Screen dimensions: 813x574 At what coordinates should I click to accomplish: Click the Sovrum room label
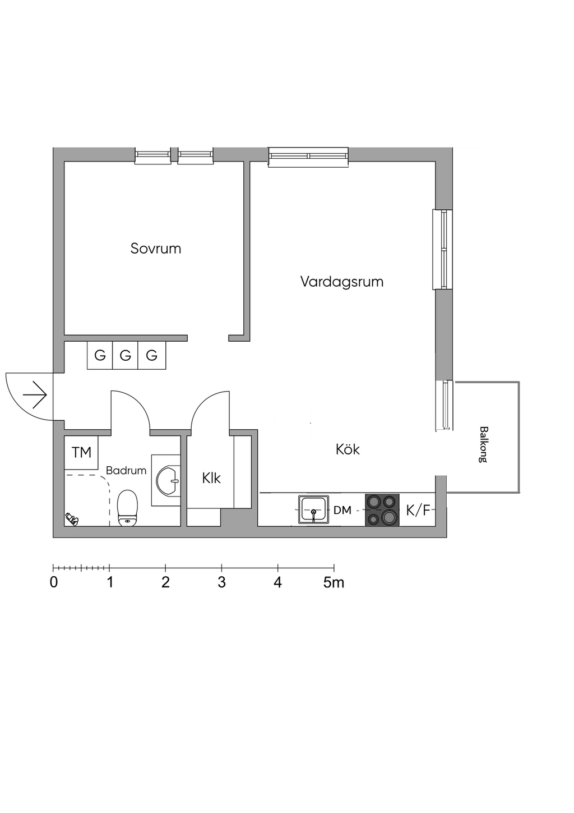pos(156,248)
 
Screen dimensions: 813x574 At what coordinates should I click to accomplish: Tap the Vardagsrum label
pos(341,281)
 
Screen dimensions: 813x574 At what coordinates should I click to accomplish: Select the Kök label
pos(348,449)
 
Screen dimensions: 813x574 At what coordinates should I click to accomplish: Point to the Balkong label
pos(483,444)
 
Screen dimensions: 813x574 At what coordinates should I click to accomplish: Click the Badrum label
pos(126,471)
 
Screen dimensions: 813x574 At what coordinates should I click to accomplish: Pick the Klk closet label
pos(211,478)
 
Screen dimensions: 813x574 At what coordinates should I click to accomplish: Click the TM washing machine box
pos(81,452)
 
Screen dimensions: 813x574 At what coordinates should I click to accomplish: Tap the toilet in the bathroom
pos(128,508)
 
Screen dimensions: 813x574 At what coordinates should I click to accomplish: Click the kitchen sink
pos(313,510)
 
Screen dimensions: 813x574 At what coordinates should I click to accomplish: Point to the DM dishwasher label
pos(342,511)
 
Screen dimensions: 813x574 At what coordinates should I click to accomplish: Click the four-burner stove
pos(382,510)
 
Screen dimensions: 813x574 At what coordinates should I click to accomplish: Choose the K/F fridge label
pos(418,511)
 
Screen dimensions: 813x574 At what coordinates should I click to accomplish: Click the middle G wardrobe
pos(126,355)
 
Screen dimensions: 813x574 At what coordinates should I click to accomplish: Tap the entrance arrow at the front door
pos(35,395)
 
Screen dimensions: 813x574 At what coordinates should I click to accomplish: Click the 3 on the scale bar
pos(221,582)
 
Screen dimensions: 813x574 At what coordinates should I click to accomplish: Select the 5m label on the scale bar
pos(334,582)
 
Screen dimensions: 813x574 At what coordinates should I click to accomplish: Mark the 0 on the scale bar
pos(54,582)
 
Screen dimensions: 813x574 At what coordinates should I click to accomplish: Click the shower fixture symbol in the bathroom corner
pos(71,518)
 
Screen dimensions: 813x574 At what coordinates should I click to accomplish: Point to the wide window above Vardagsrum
pos(308,157)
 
